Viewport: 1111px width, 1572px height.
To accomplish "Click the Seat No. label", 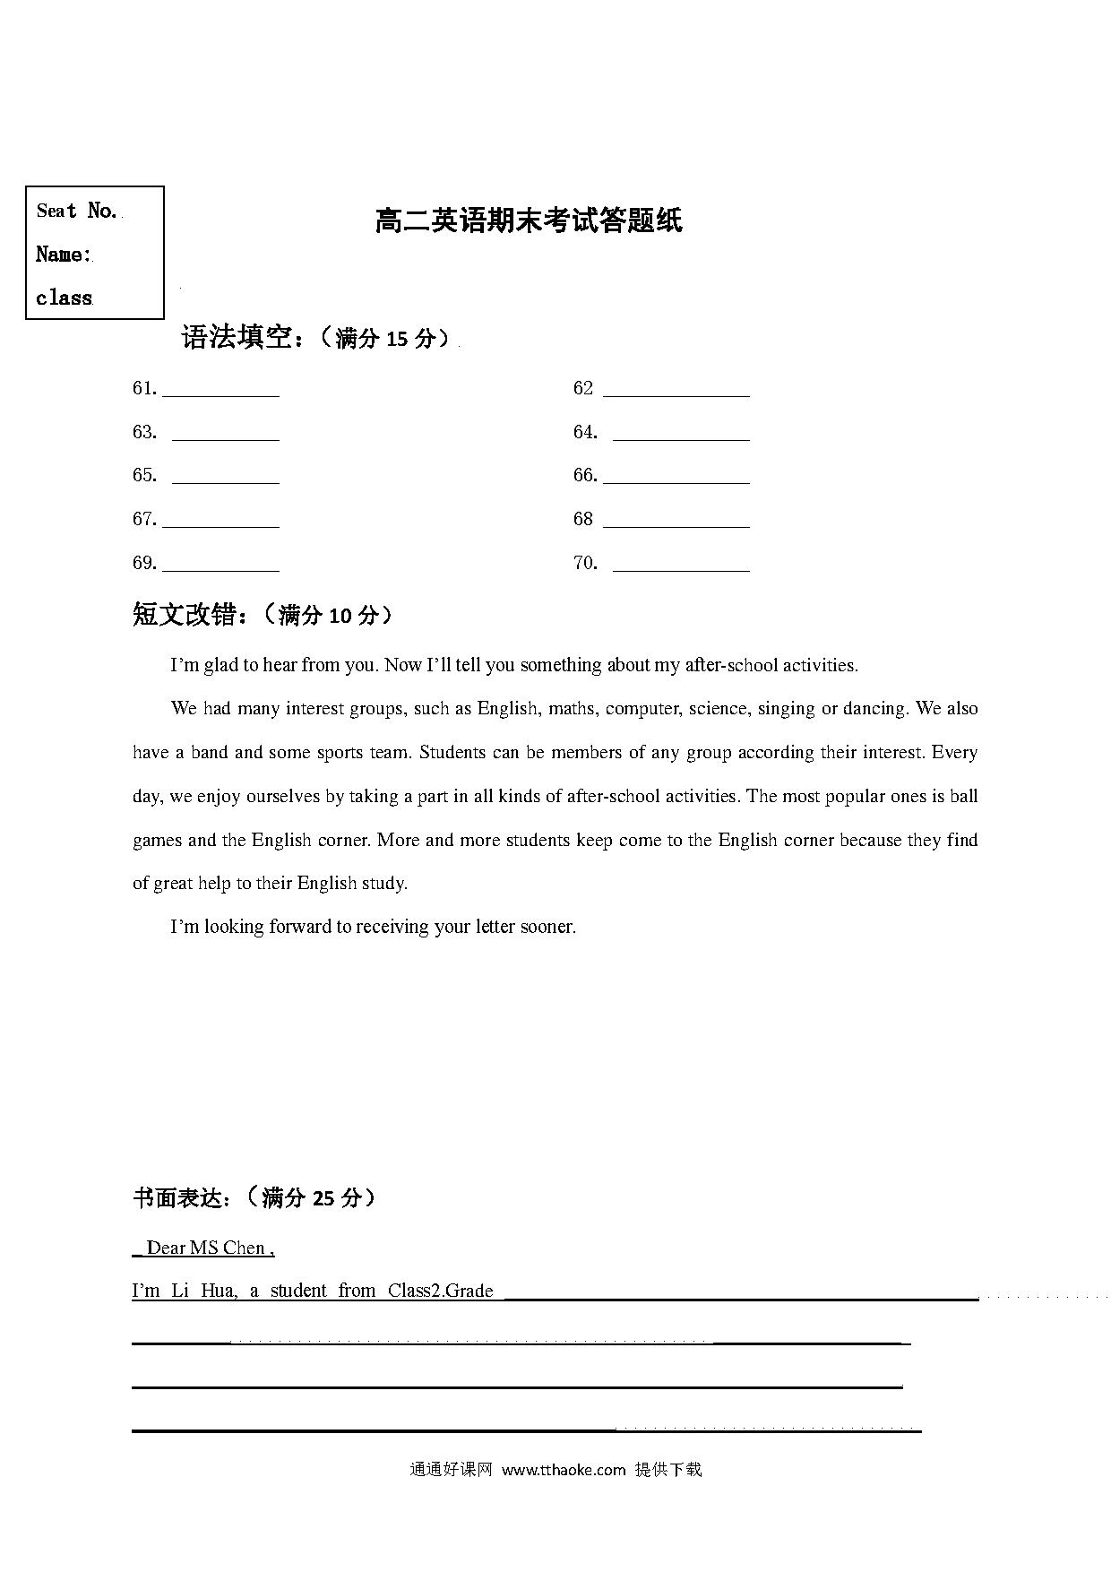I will click(77, 211).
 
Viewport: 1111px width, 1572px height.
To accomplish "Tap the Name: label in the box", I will click(63, 255).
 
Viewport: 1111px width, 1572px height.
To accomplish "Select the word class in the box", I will click(64, 298).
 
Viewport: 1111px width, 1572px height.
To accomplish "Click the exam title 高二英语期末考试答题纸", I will click(529, 220).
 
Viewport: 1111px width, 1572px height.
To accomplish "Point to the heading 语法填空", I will click(237, 338).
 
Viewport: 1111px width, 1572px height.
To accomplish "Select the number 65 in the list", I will click(143, 475).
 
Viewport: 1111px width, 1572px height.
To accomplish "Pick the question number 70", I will click(584, 563).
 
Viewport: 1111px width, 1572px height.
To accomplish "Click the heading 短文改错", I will click(185, 615).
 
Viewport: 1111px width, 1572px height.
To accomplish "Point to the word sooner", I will click(547, 927).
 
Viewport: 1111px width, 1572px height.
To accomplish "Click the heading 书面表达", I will click(177, 1197).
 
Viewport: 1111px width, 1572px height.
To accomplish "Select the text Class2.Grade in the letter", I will click(440, 1291).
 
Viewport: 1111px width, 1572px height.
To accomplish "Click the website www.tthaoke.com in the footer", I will click(563, 1470).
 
